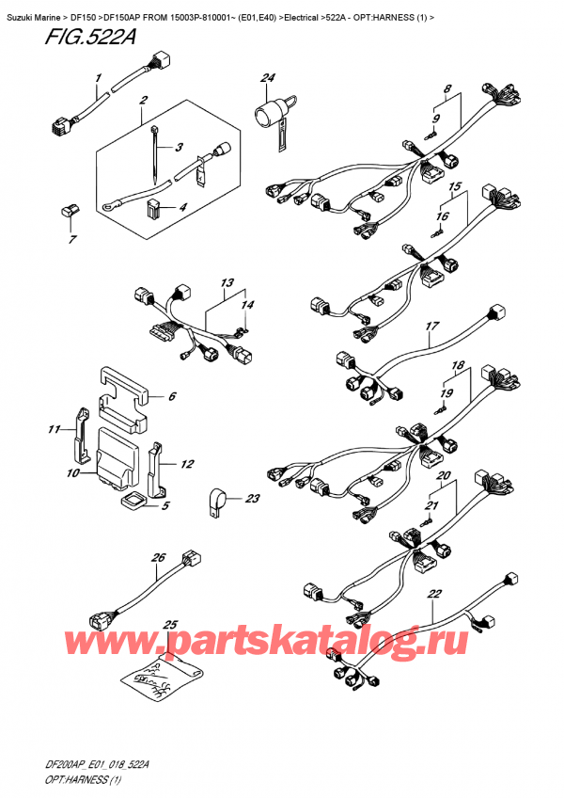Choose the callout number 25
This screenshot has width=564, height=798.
[170, 625]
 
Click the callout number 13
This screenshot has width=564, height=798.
[226, 282]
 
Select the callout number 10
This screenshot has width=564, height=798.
[71, 473]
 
